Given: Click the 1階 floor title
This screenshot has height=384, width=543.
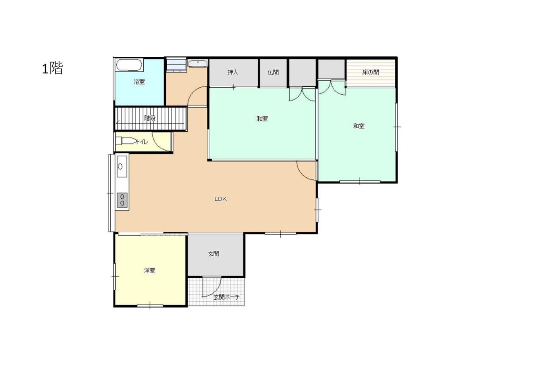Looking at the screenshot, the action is (53, 68).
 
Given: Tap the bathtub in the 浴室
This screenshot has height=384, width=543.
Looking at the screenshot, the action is (129, 65).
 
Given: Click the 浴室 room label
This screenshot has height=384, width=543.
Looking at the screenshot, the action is (139, 82).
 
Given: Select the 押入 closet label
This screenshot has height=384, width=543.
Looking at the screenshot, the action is (233, 72).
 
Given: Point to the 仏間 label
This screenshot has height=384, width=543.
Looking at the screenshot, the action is (273, 72).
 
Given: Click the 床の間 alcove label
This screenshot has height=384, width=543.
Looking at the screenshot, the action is (370, 72).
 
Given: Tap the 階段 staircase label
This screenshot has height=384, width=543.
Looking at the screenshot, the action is (150, 118).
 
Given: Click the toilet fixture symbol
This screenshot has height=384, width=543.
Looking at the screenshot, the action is (126, 141).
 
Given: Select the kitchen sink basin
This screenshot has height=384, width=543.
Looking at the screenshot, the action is (122, 167).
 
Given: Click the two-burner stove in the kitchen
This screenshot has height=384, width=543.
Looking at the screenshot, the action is (122, 200).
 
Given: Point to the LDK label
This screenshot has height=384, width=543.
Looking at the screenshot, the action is (220, 199).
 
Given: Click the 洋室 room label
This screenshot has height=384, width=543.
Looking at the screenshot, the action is (149, 271).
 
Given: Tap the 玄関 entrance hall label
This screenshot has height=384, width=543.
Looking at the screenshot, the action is (213, 254).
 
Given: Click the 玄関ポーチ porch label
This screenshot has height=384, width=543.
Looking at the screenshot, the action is (227, 297).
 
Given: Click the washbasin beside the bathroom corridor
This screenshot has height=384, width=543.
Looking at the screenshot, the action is (198, 64).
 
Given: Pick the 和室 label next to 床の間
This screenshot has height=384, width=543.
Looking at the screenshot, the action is (359, 126).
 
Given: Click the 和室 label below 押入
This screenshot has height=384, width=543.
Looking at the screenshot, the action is (262, 119).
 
